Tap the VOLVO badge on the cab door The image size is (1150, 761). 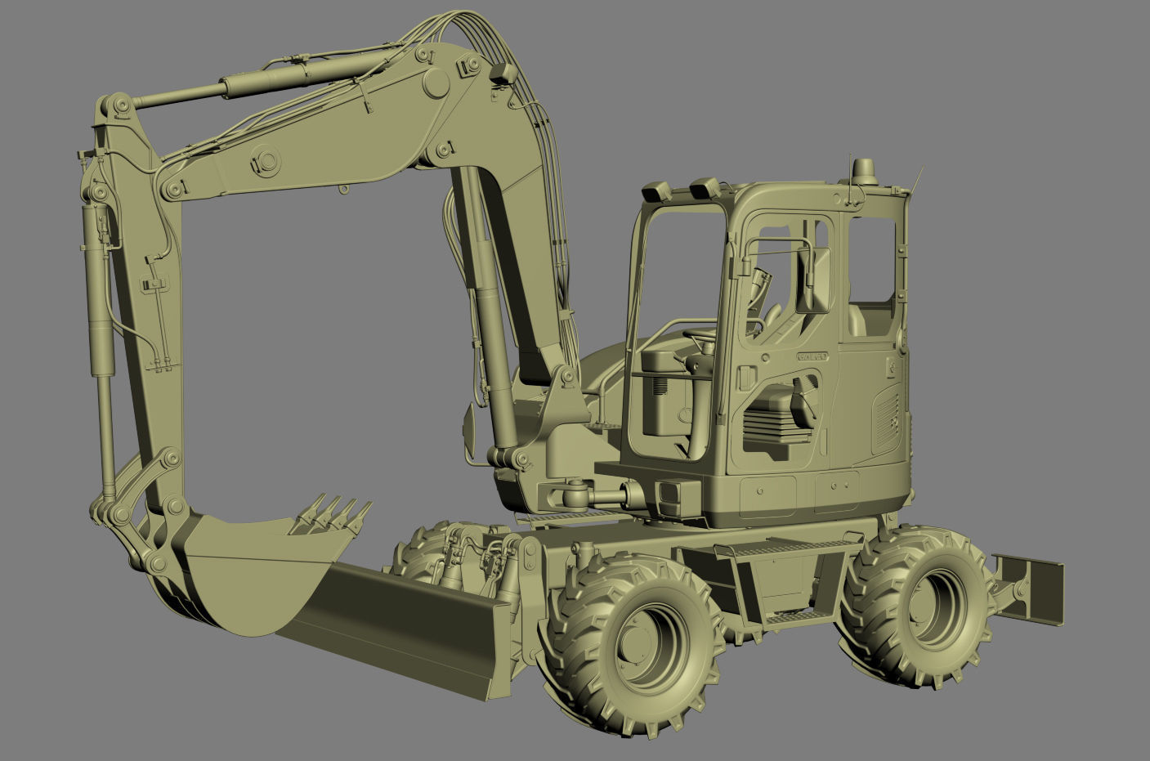(812, 356)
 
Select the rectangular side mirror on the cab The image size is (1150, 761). (814, 280)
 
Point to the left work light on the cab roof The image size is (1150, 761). (656, 193)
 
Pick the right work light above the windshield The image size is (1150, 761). (703, 189)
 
